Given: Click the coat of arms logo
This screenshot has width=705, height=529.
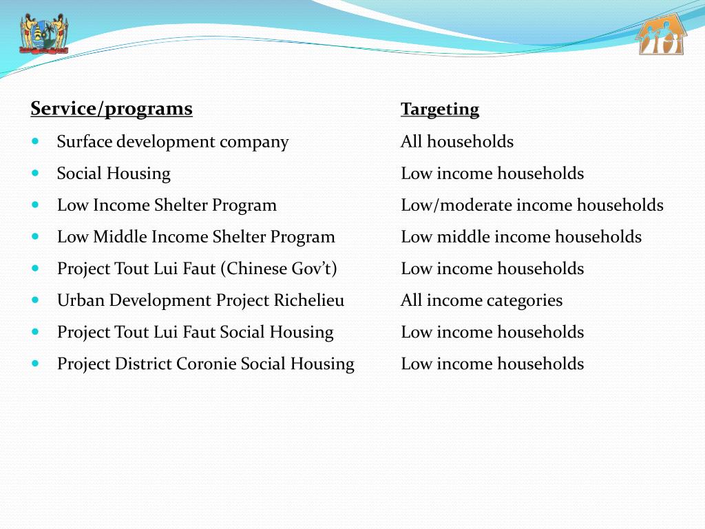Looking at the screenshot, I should pos(44,34).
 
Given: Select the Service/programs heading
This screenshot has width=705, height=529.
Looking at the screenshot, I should pos(112,109).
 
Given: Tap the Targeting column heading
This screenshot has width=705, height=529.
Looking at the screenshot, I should pos(440,110).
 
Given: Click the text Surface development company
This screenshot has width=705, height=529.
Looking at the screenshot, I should pos(173,142).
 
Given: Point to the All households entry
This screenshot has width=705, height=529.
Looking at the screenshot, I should pos(457,142).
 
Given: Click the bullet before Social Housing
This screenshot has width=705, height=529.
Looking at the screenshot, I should pos(36,174).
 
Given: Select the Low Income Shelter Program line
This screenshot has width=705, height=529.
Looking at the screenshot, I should pos(167,205).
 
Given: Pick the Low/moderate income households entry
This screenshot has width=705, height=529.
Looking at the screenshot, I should pos(532,205).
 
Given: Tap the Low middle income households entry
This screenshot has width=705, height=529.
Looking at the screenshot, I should pos(521,237).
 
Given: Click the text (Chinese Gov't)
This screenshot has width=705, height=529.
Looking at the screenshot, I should pos(279,269).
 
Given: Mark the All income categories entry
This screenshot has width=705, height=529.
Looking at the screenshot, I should pos(482,300).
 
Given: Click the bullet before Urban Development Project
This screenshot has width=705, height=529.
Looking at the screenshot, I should pos(36,300).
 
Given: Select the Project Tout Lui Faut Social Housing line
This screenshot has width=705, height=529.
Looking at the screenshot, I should pos(195,332).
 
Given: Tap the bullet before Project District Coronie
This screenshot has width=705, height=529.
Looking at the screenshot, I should pos(36,364).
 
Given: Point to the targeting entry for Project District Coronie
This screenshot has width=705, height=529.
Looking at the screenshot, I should pos(492,364).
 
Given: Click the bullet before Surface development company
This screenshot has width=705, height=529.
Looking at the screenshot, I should pos(36,142).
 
